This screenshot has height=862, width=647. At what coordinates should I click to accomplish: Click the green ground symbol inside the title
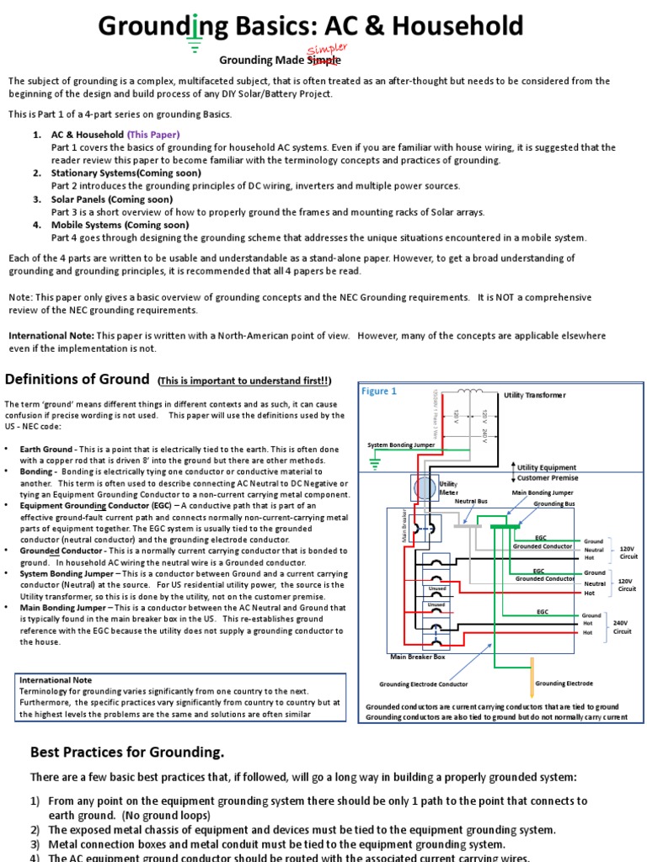(x=195, y=38)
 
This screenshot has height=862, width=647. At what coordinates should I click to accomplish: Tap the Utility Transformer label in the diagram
(x=535, y=395)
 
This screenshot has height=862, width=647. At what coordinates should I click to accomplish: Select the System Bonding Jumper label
(x=401, y=444)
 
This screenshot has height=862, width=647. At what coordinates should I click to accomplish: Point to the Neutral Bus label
(x=471, y=501)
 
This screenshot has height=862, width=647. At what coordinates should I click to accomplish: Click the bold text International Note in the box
(x=56, y=679)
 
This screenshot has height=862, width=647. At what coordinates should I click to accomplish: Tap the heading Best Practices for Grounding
(x=127, y=752)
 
